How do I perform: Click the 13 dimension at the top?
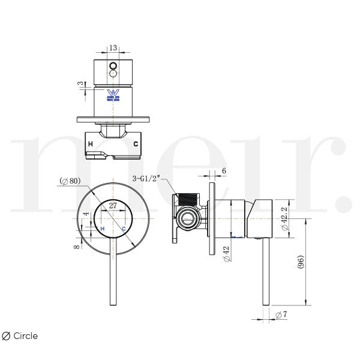[113, 47]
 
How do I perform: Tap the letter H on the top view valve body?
[90, 145]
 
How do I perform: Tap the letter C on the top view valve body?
[136, 145]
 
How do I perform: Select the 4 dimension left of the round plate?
[86, 214]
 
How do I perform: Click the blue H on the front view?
[103, 229]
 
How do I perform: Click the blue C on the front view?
[123, 229]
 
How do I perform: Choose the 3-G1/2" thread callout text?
[147, 178]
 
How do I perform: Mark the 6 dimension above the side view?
[224, 170]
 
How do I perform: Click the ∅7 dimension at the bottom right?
[278, 315]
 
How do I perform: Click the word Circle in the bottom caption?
[25, 336]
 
